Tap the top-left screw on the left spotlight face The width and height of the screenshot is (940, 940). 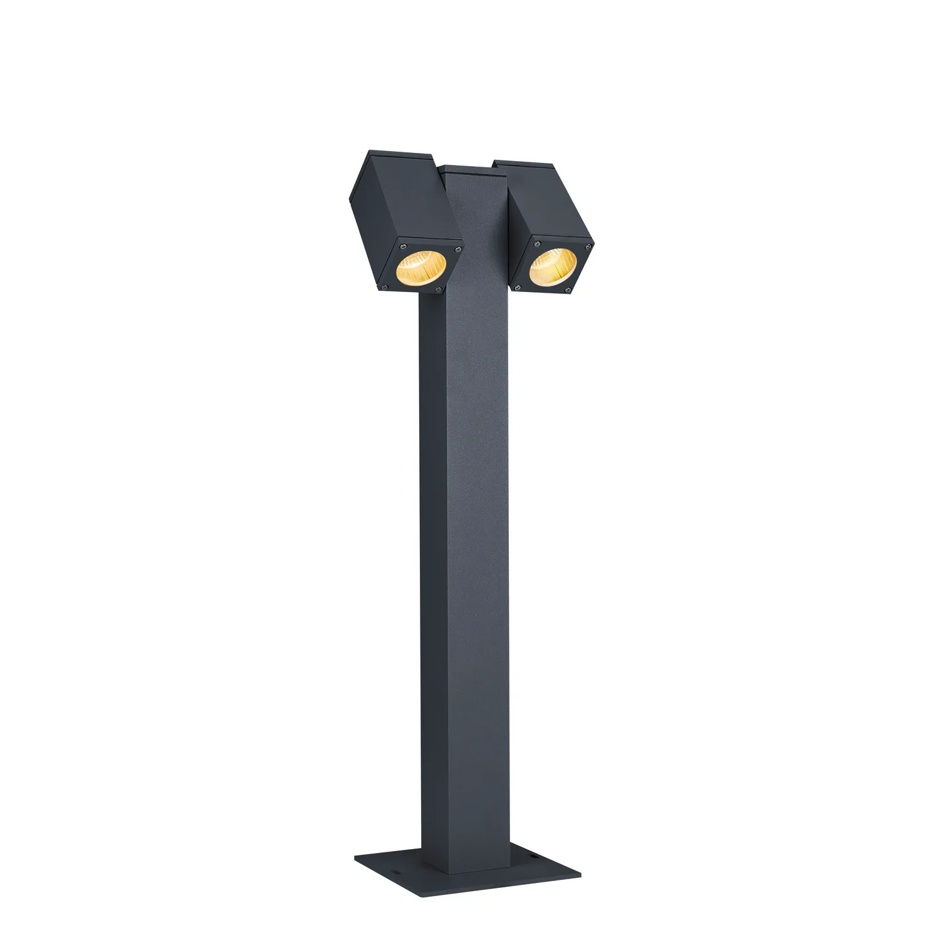click(x=405, y=244)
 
